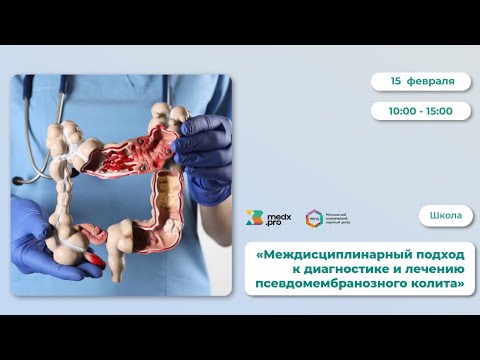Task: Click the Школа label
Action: [x=445, y=216]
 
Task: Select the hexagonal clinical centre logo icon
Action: [x=314, y=218]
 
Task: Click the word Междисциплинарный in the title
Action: [x=321, y=253]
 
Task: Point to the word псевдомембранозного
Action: [x=327, y=285]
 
